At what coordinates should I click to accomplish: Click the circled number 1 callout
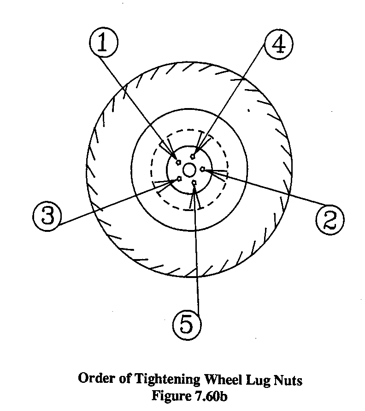[x=105, y=45]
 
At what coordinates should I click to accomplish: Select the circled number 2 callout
[x=330, y=218]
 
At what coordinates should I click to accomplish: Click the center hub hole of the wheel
[x=189, y=170]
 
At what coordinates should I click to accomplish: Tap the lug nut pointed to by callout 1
[x=178, y=161]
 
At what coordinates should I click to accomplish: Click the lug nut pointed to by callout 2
[x=202, y=170]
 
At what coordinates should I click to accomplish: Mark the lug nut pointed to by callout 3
[x=179, y=179]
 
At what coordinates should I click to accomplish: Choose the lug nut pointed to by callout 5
[x=194, y=183]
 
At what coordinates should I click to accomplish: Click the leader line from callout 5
[x=197, y=254]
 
